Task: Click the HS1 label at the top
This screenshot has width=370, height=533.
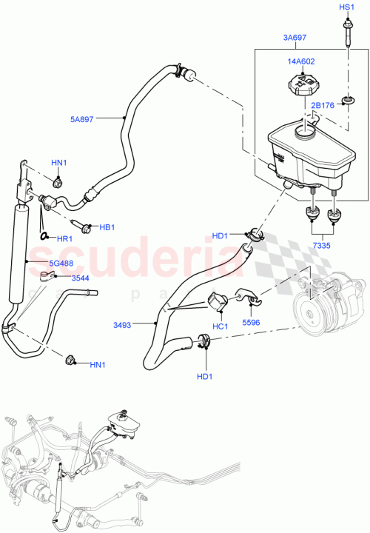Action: tap(347, 7)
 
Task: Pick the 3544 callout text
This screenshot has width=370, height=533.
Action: tap(80, 278)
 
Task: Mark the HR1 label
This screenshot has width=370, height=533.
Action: tap(64, 239)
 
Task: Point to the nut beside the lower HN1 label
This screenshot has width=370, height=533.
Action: tap(70, 361)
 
